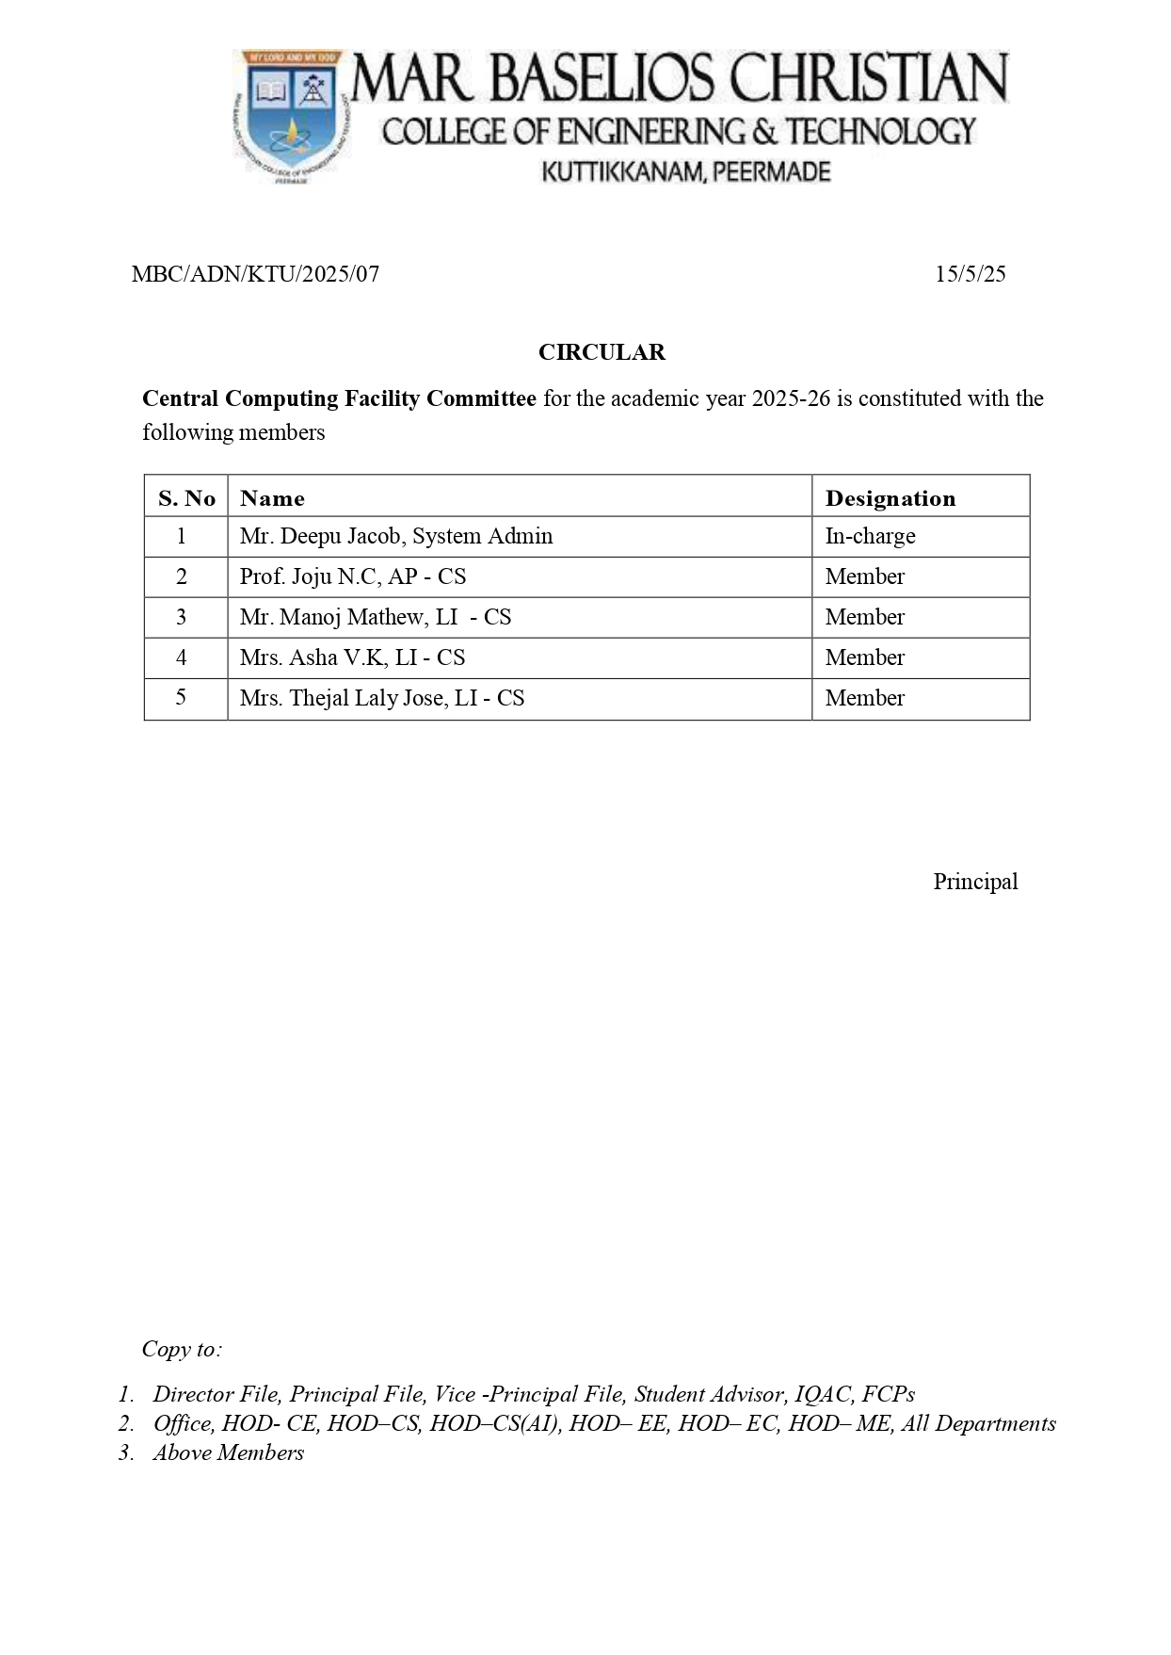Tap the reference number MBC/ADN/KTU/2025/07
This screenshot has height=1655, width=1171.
pyautogui.click(x=255, y=274)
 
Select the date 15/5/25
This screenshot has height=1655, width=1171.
pyautogui.click(x=970, y=274)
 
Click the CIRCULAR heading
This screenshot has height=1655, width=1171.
pyautogui.click(x=602, y=352)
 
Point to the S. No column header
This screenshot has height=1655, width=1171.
pyautogui.click(x=186, y=498)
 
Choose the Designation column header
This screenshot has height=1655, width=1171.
pyautogui.click(x=890, y=498)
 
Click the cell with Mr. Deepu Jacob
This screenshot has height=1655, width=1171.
pyautogui.click(x=395, y=536)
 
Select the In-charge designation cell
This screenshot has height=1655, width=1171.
pyautogui.click(x=870, y=536)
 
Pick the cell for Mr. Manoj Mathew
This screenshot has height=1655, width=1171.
pyautogui.click(x=375, y=617)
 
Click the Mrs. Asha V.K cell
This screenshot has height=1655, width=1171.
pyautogui.click(x=352, y=657)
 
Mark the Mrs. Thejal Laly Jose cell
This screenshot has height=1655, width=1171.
pyautogui.click(x=381, y=698)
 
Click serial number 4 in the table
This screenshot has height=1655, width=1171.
pyautogui.click(x=182, y=657)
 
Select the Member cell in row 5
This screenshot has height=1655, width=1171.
pyautogui.click(x=864, y=698)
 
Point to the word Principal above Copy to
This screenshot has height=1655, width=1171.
pyautogui.click(x=975, y=882)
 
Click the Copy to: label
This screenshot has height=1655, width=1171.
pyautogui.click(x=182, y=1349)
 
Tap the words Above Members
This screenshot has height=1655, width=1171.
pyautogui.click(x=229, y=1452)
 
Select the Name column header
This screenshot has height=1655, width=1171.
pyautogui.click(x=272, y=498)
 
